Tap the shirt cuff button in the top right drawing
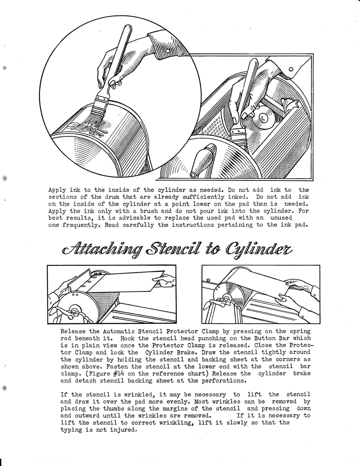point(291,69)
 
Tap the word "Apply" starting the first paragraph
point(57,190)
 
